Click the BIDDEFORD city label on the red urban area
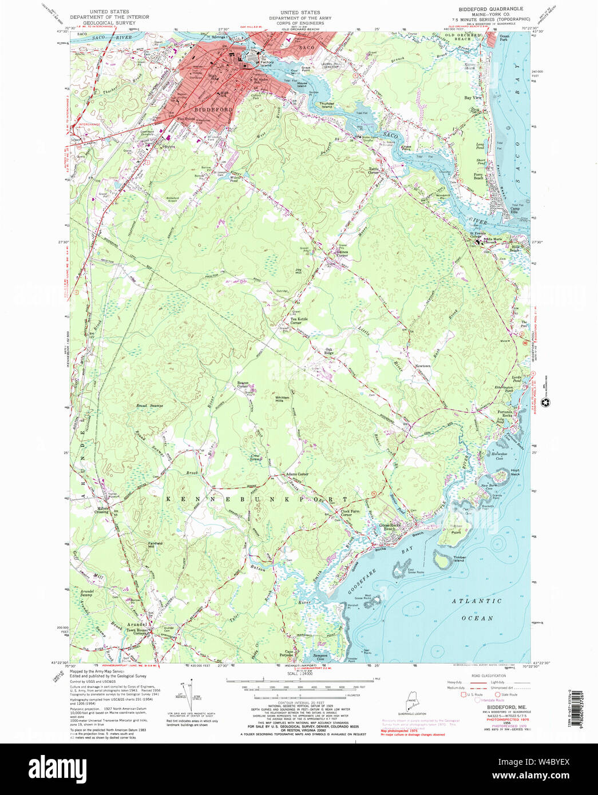coord(213,109)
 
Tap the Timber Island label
coord(459,559)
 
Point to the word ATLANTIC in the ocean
coord(477,601)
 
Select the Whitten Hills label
coord(282,399)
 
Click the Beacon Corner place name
coord(243,385)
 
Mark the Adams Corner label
coord(297,474)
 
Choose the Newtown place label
coord(422,366)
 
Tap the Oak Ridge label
coord(328,351)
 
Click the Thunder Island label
coord(327,105)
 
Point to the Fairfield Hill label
coord(155,544)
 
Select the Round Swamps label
coord(149,406)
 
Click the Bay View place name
coord(473,98)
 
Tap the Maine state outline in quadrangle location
coord(412,701)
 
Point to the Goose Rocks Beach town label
coord(390,527)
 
